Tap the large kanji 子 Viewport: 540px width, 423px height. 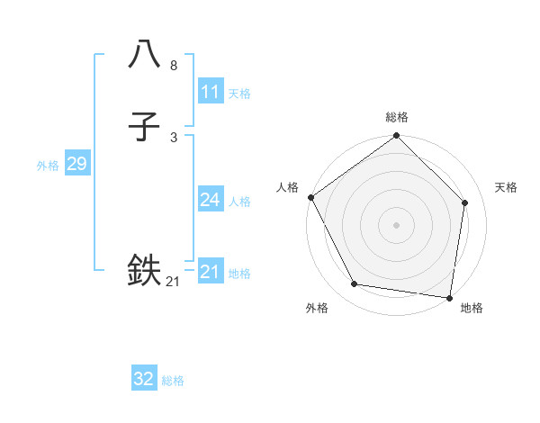tap(144, 127)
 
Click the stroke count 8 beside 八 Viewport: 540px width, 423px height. tap(174, 66)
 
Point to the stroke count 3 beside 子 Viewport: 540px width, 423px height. tap(174, 138)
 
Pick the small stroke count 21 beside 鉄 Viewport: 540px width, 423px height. tap(173, 283)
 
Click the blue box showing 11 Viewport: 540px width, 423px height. tap(210, 92)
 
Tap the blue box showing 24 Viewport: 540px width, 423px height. tap(210, 200)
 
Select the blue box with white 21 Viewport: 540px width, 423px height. tap(210, 272)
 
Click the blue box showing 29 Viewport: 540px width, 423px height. tap(76, 164)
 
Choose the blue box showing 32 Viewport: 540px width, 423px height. tap(144, 379)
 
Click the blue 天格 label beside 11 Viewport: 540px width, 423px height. tap(239, 94)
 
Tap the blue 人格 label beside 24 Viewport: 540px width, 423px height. tap(239, 202)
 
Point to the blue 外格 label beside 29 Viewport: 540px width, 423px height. tap(48, 166)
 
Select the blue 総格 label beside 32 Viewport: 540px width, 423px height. tap(174, 381)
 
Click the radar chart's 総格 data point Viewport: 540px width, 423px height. tap(396, 136)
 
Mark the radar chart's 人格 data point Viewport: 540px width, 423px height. tap(310, 197)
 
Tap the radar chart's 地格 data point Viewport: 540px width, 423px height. tap(450, 297)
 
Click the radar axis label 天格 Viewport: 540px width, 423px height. tap(506, 187)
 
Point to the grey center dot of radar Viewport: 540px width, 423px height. tap(396, 224)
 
